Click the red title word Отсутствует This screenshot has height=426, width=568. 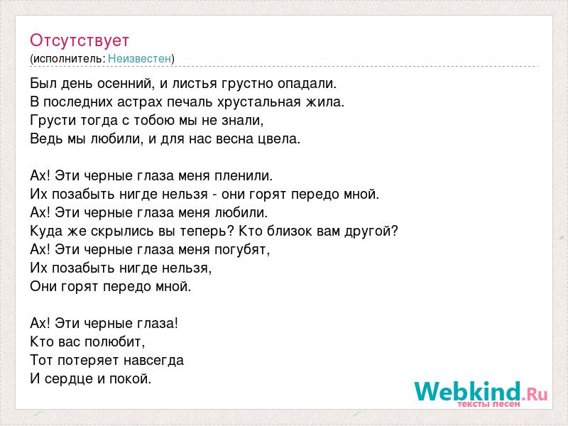tap(80, 40)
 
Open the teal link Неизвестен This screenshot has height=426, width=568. tap(139, 59)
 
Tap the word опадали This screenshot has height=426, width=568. tap(307, 84)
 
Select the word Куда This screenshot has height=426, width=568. tap(46, 231)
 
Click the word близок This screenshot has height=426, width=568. tap(290, 231)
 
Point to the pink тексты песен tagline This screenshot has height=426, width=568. tap(488, 404)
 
